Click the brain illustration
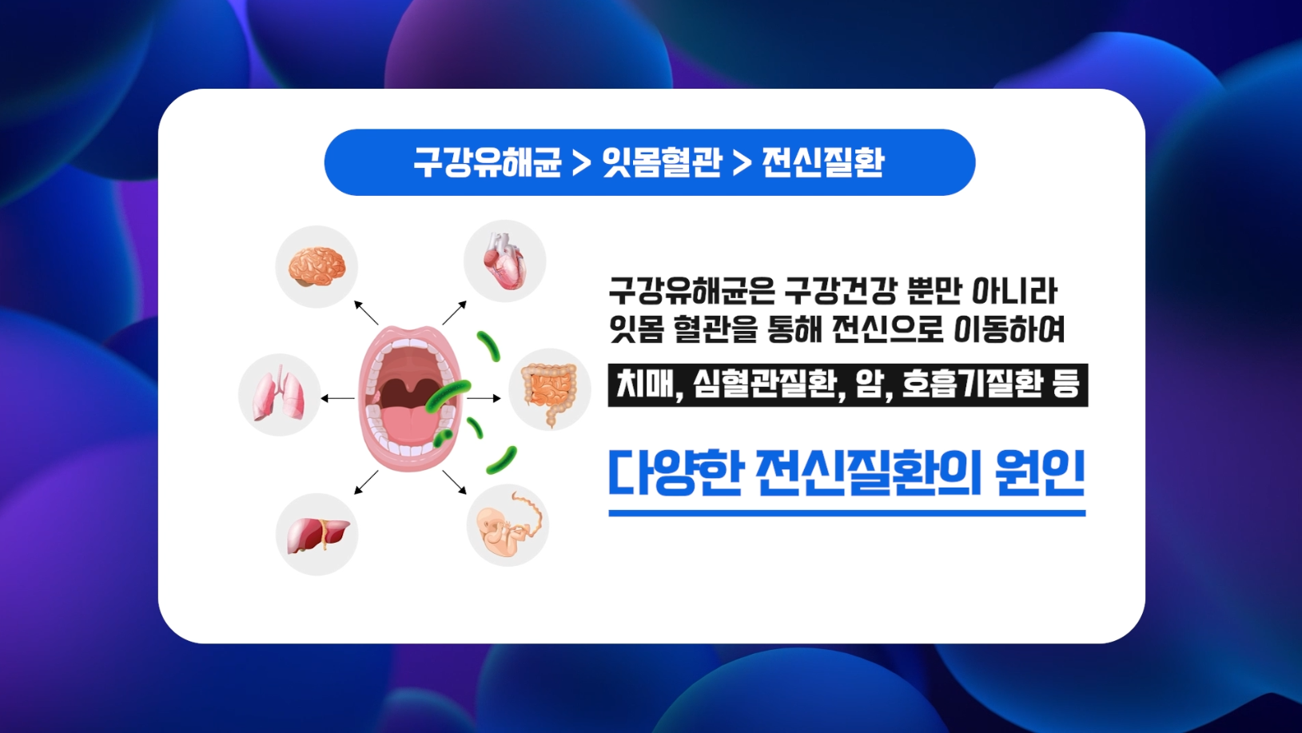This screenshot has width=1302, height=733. tap(317, 266)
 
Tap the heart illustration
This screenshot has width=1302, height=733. tap(504, 261)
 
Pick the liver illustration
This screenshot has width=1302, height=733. tap(317, 535)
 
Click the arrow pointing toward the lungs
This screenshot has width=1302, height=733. tap(338, 398)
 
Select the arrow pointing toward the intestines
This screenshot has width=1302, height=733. tap(484, 398)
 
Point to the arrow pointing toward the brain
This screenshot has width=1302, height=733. tap(366, 313)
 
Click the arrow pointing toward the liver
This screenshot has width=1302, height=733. tap(366, 483)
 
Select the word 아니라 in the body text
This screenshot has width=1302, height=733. tap(1014, 291)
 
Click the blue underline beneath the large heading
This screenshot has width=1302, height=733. tap(847, 513)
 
